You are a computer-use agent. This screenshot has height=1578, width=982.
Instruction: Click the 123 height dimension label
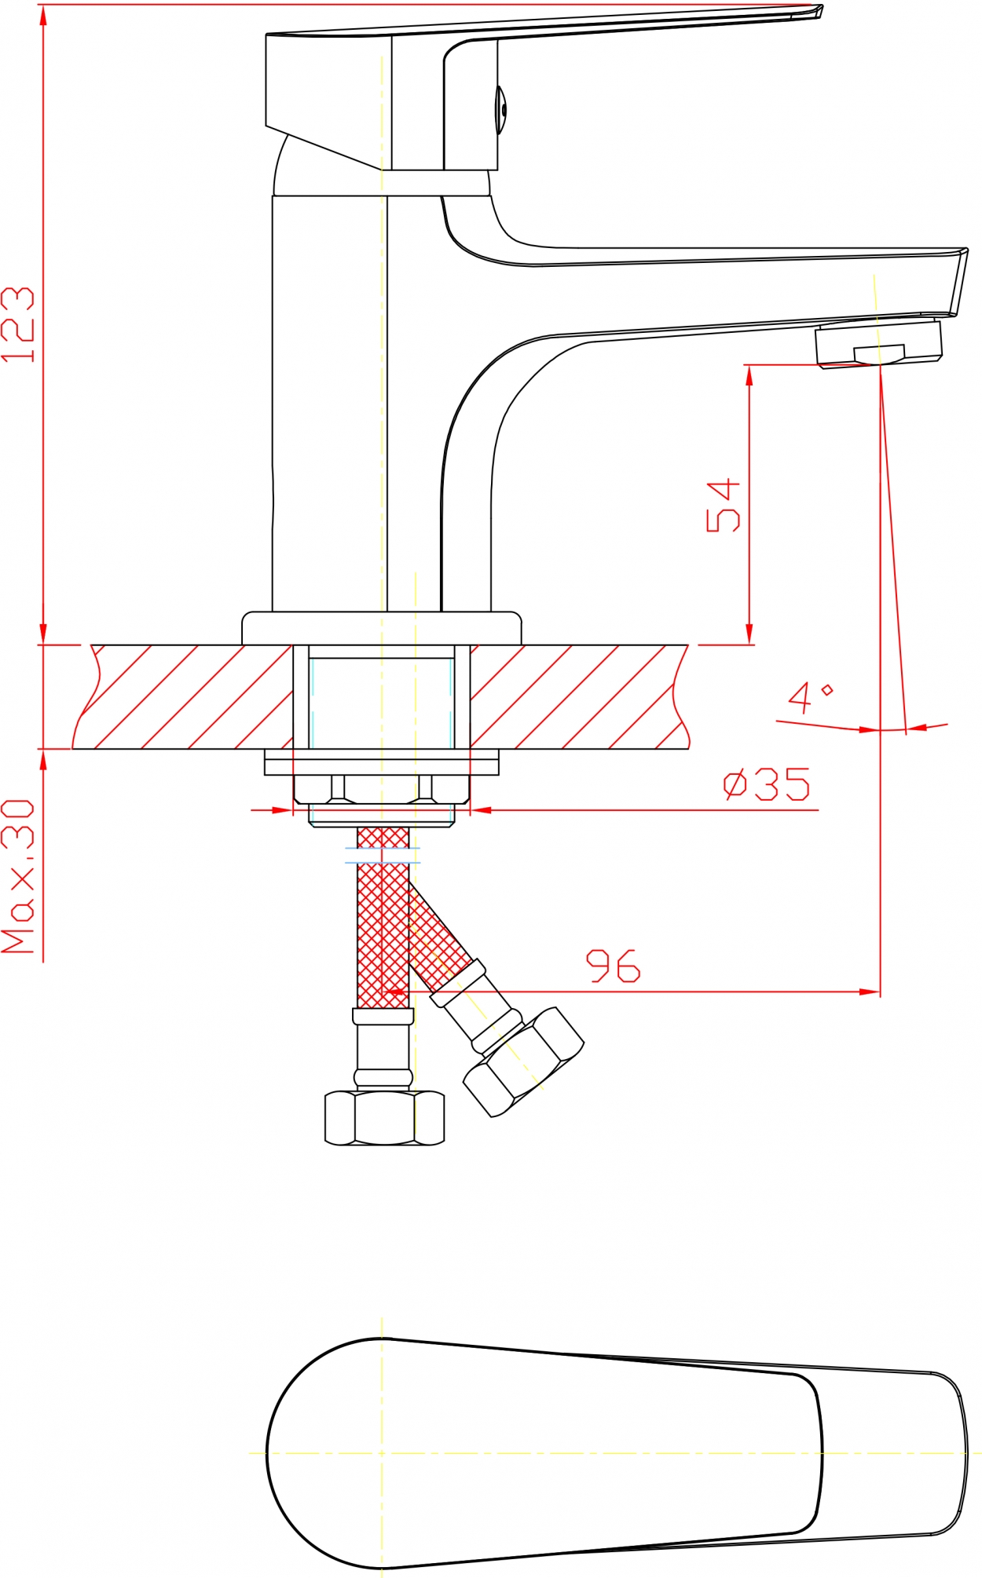click(x=18, y=324)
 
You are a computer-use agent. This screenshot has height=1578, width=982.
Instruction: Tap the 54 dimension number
click(x=724, y=506)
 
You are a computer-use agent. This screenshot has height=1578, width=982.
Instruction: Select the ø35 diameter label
click(x=766, y=784)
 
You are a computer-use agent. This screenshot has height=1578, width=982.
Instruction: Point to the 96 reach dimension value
click(x=614, y=966)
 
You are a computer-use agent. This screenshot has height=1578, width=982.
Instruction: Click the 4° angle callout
click(x=810, y=697)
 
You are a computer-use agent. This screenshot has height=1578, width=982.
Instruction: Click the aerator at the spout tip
click(x=878, y=344)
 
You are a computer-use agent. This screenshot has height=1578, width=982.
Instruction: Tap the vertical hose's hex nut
click(x=384, y=1118)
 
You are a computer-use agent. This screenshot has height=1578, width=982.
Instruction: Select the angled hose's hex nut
click(x=523, y=1062)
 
